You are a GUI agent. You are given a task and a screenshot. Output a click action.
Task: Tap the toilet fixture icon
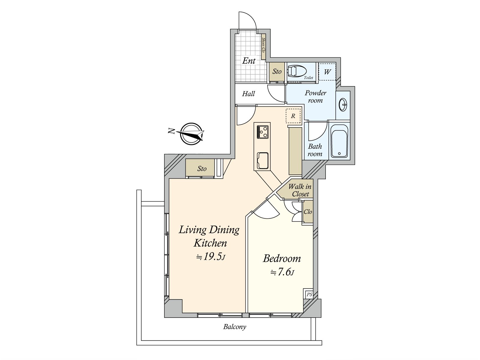point(297,71)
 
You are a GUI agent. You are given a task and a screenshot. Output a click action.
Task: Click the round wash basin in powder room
point(343,105)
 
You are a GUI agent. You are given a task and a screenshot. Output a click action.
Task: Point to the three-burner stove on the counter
point(262,131)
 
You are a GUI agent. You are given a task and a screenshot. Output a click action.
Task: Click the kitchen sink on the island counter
point(262,160)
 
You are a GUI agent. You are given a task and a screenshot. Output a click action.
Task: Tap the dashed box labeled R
point(293,116)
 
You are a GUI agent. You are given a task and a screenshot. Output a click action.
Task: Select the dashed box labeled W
point(327,72)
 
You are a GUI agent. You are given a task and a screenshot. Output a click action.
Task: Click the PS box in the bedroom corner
point(309,295)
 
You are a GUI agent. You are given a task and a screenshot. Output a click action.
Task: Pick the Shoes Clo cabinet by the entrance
point(264,48)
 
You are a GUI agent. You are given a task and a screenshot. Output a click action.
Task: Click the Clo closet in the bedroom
point(308,212)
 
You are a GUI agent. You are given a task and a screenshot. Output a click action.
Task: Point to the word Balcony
point(235,327)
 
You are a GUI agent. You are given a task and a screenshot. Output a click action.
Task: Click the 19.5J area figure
point(210,257)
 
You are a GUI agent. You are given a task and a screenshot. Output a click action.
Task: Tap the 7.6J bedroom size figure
point(282,272)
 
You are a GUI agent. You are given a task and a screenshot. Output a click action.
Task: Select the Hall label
point(248,94)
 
